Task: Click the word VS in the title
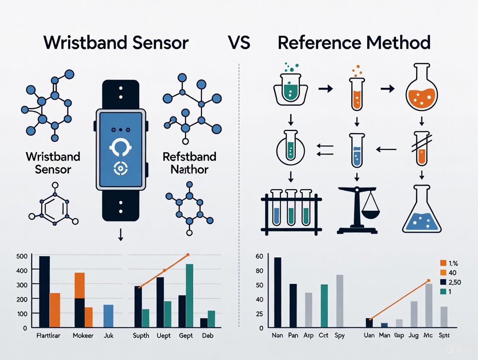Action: click(239, 43)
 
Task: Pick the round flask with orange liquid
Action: click(422, 93)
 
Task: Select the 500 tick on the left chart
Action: click(21, 256)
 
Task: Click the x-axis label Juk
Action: click(109, 335)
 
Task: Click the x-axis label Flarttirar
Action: click(49, 335)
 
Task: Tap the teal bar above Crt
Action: click(324, 305)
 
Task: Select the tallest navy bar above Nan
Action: click(278, 292)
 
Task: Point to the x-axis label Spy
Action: click(340, 335)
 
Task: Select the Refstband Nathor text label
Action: click(185, 163)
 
